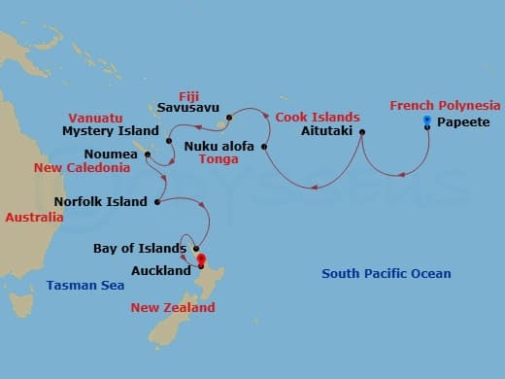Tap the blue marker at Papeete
[428, 121]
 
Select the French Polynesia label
[445, 105]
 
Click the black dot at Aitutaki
[362, 132]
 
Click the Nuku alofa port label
[219, 146]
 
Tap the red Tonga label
[219, 160]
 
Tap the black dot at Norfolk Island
[156, 202]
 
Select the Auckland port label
[161, 270]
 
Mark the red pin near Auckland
[201, 258]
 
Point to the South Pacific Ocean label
[387, 274]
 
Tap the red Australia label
[34, 218]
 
